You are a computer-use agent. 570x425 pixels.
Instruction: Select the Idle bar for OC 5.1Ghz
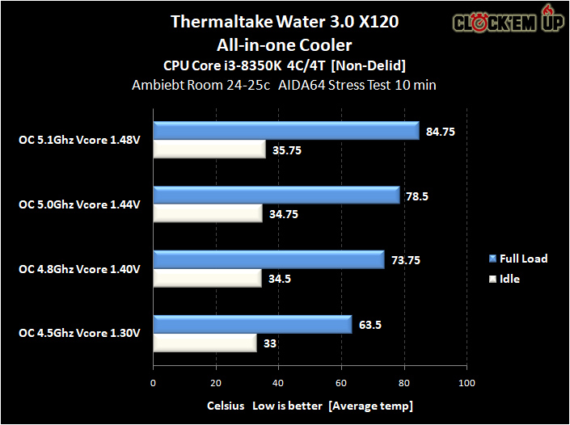tap(209, 149)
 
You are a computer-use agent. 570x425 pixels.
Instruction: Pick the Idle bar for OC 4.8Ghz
tap(208, 279)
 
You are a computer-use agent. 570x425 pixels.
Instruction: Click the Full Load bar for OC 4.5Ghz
tap(252, 325)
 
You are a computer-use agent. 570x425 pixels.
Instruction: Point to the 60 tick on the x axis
tap(341, 383)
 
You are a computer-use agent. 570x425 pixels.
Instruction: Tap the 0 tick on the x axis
tap(153, 383)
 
